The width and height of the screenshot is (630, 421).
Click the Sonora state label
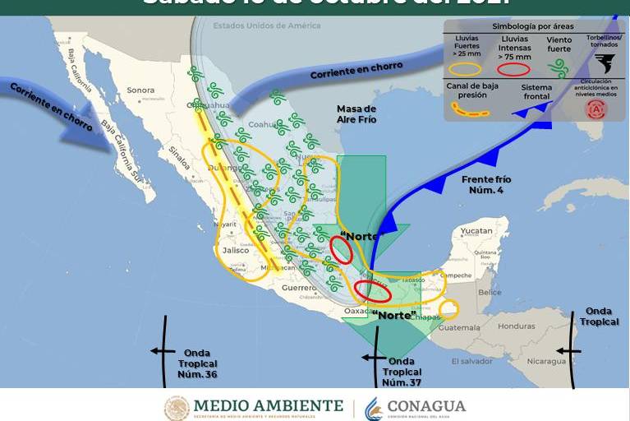click(140, 90)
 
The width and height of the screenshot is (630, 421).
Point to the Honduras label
click(516, 326)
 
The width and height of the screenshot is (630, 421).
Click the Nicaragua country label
click(545, 361)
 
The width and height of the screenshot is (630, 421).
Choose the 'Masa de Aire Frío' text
click(356, 114)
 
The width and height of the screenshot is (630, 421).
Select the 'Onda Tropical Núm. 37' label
click(401, 372)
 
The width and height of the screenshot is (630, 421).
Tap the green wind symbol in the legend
click(559, 69)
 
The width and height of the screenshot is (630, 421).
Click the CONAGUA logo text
click(425, 406)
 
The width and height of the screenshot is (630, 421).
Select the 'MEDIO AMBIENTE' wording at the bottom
click(268, 406)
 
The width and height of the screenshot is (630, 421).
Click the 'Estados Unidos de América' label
click(266, 25)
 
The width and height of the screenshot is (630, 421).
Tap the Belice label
click(490, 292)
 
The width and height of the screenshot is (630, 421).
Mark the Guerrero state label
click(299, 289)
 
